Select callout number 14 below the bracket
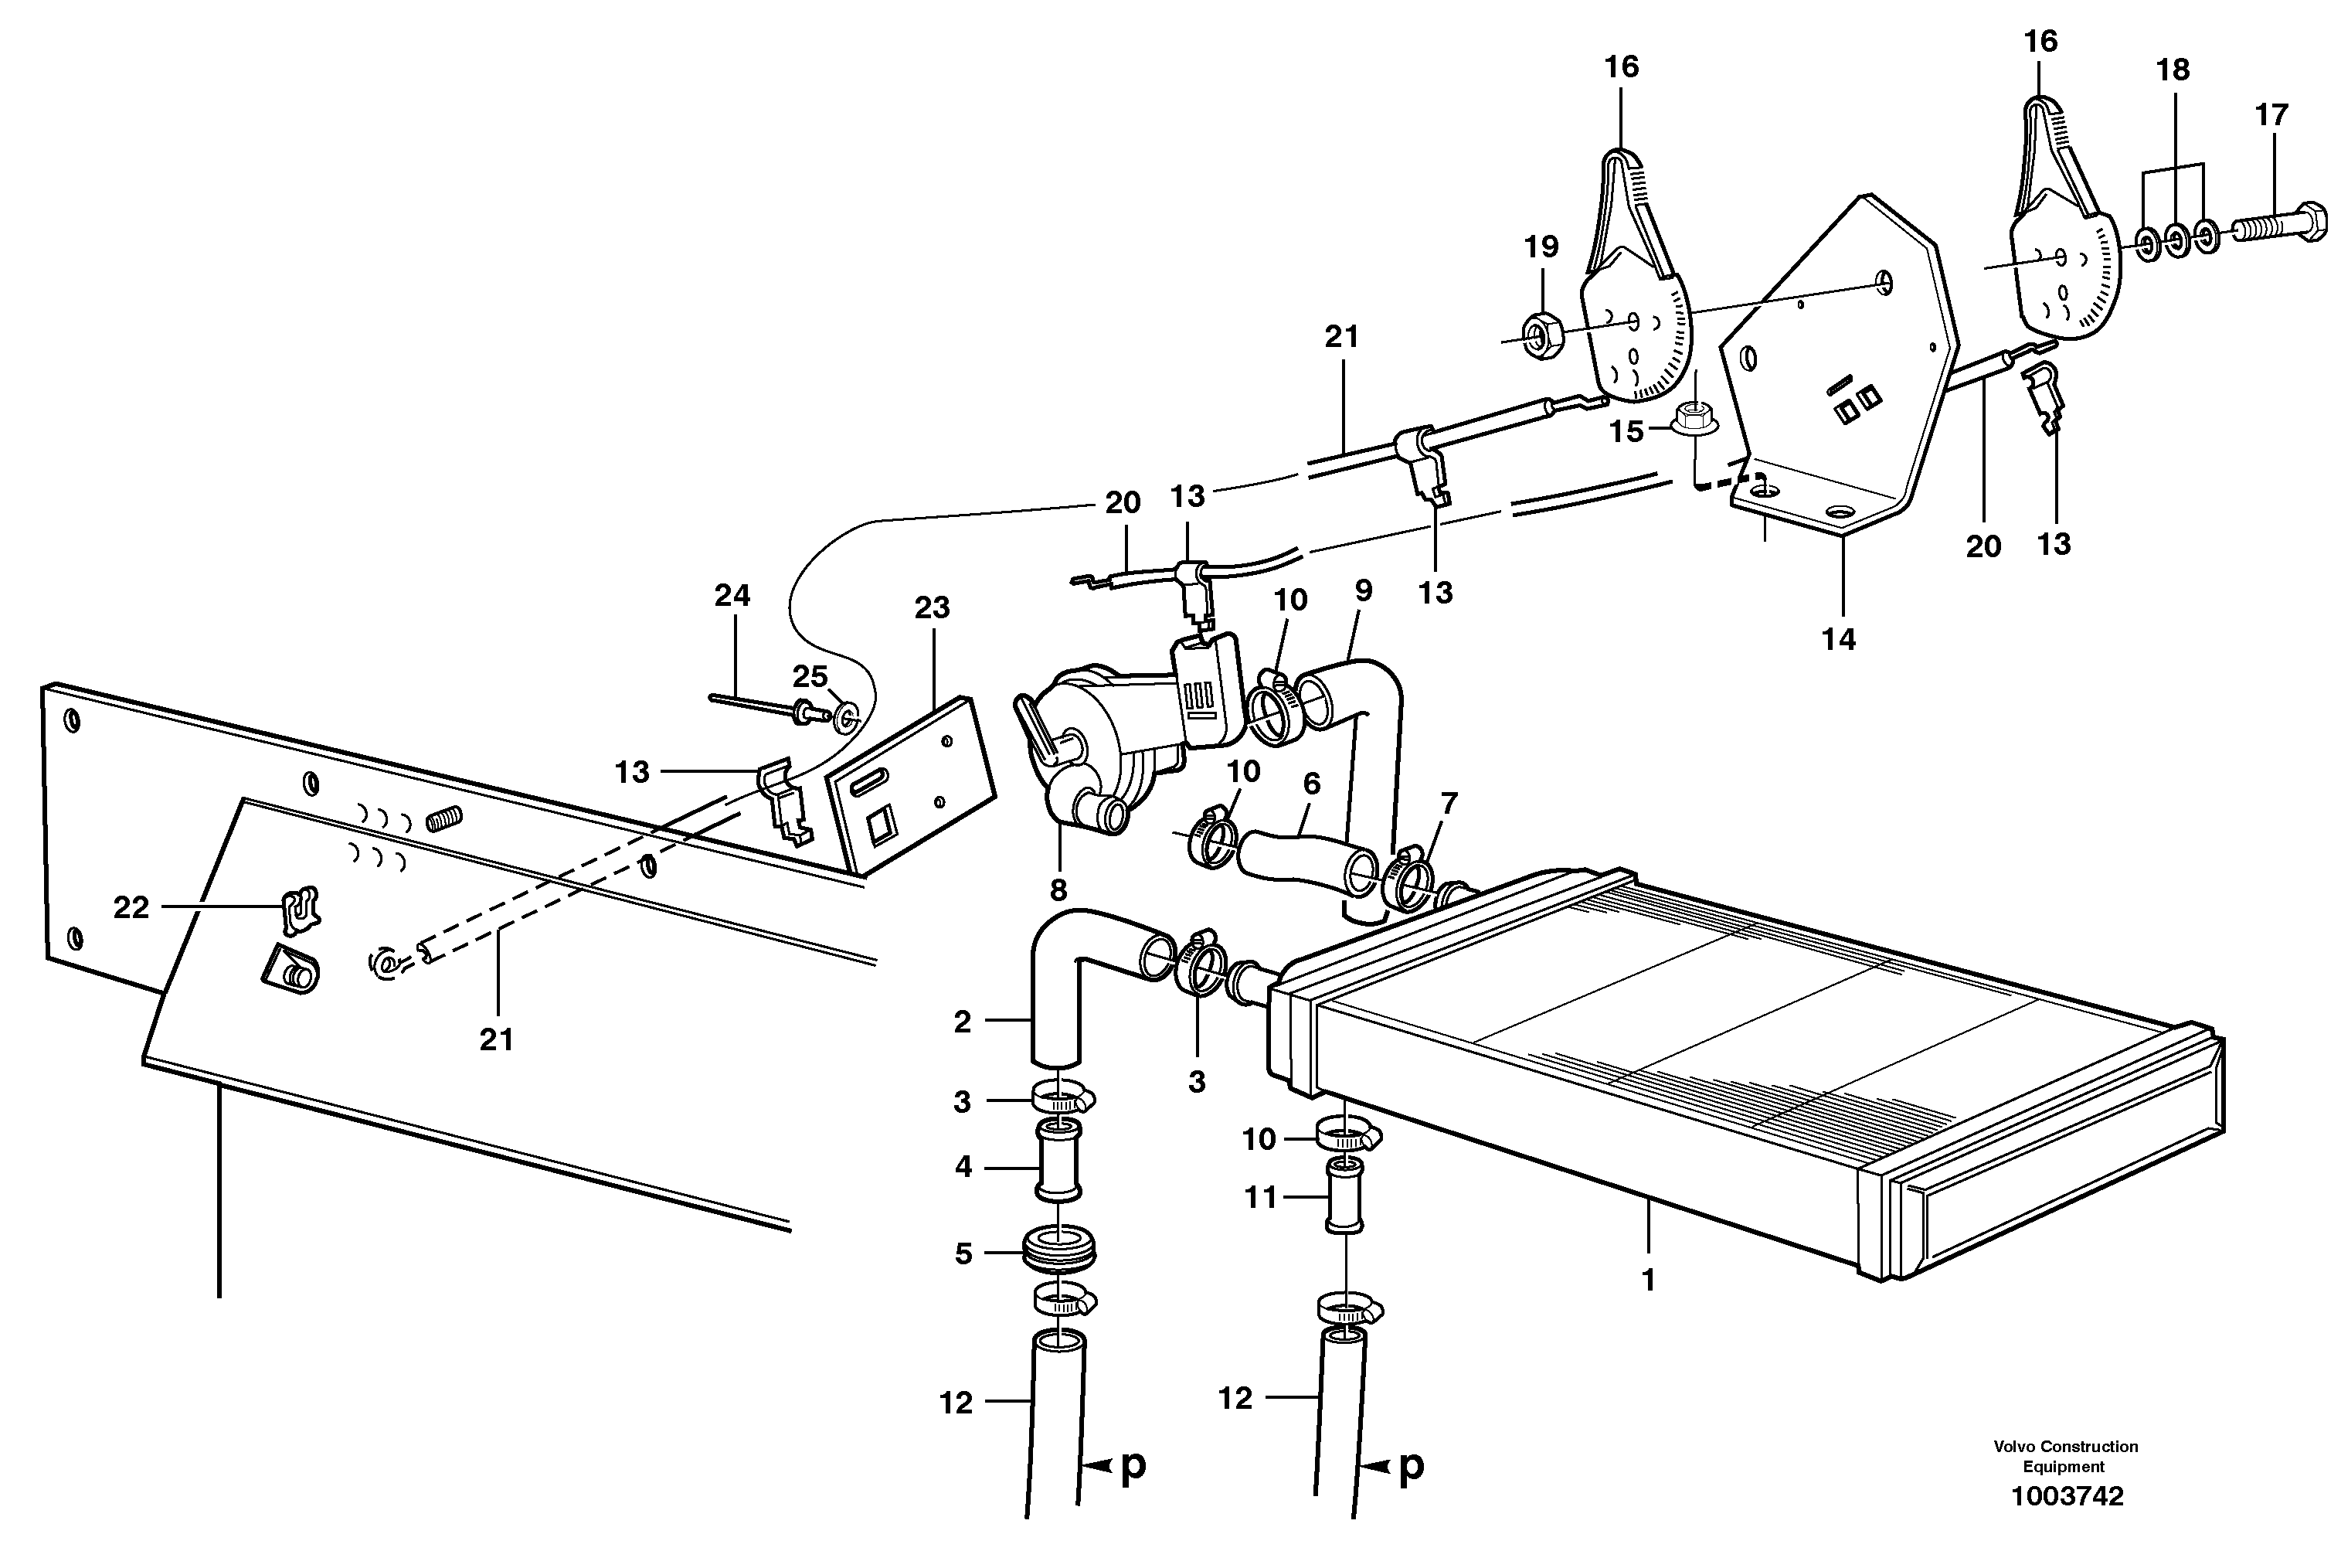[x=1839, y=639]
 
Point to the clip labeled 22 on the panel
[x=300, y=908]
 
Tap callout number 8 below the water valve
[x=1058, y=890]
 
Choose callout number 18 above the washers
[x=2173, y=70]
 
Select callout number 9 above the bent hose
[x=1364, y=591]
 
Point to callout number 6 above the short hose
[x=1311, y=784]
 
